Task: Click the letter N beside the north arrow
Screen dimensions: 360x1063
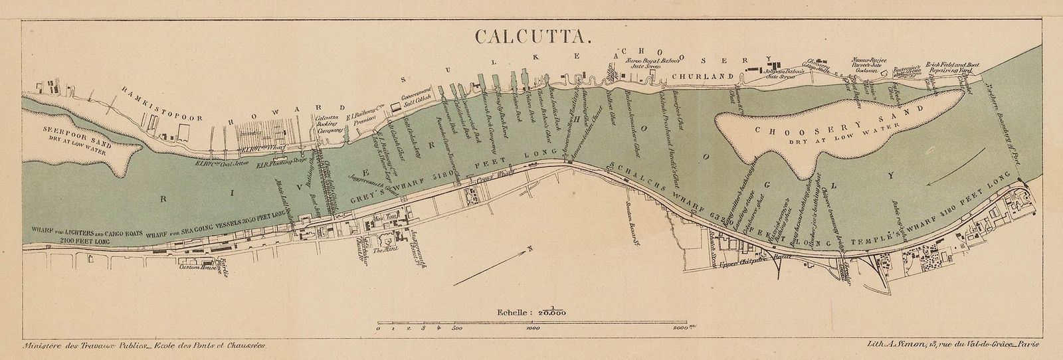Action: pos(530,250)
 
